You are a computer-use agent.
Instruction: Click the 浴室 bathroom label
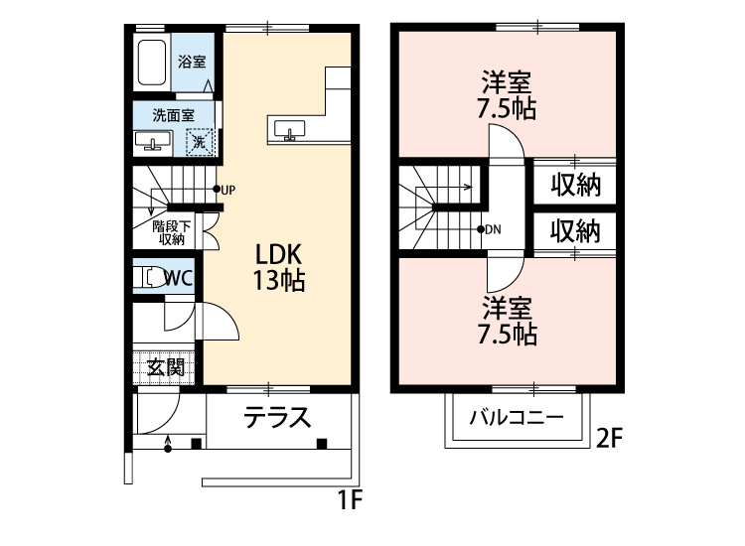pos(192,62)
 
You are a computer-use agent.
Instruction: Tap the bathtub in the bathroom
pos(153,64)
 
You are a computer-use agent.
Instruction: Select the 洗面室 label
pos(173,115)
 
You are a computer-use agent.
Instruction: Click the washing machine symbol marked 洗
pos(201,142)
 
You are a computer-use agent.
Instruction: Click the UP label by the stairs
pos(227,190)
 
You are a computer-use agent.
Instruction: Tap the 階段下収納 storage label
pos(171,232)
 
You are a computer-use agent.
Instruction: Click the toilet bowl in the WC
pos(151,278)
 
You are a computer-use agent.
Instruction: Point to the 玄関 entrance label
pos(166,366)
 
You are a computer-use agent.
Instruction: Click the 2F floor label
pos(610,438)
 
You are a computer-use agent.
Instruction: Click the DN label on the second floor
pos(494,229)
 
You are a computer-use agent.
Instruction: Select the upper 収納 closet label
pos(575,186)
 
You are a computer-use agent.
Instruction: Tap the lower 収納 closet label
pos(575,231)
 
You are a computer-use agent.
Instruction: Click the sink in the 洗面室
pos(152,141)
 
